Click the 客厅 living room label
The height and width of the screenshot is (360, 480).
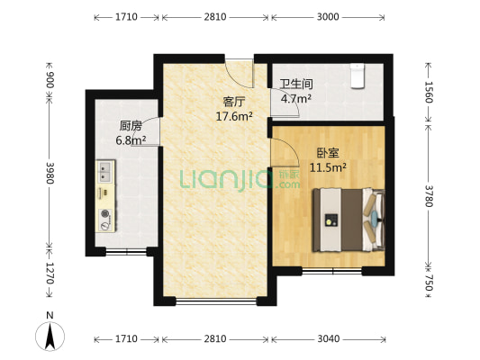pyautogui.click(x=235, y=102)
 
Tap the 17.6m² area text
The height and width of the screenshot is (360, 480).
pyautogui.click(x=234, y=116)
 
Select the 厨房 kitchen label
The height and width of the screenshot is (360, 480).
pyautogui.click(x=131, y=126)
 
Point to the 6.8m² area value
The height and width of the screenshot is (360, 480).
pyautogui.click(x=131, y=140)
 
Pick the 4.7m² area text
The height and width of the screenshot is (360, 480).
pyautogui.click(x=295, y=99)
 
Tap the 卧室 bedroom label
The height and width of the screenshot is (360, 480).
pyautogui.click(x=327, y=152)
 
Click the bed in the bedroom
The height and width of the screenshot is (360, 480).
pyautogui.click(x=347, y=219)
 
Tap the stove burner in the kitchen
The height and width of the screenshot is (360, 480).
pyautogui.click(x=105, y=215)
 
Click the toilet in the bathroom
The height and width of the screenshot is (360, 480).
pyautogui.click(x=358, y=76)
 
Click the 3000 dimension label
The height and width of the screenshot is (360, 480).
pyautogui.click(x=328, y=17)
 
